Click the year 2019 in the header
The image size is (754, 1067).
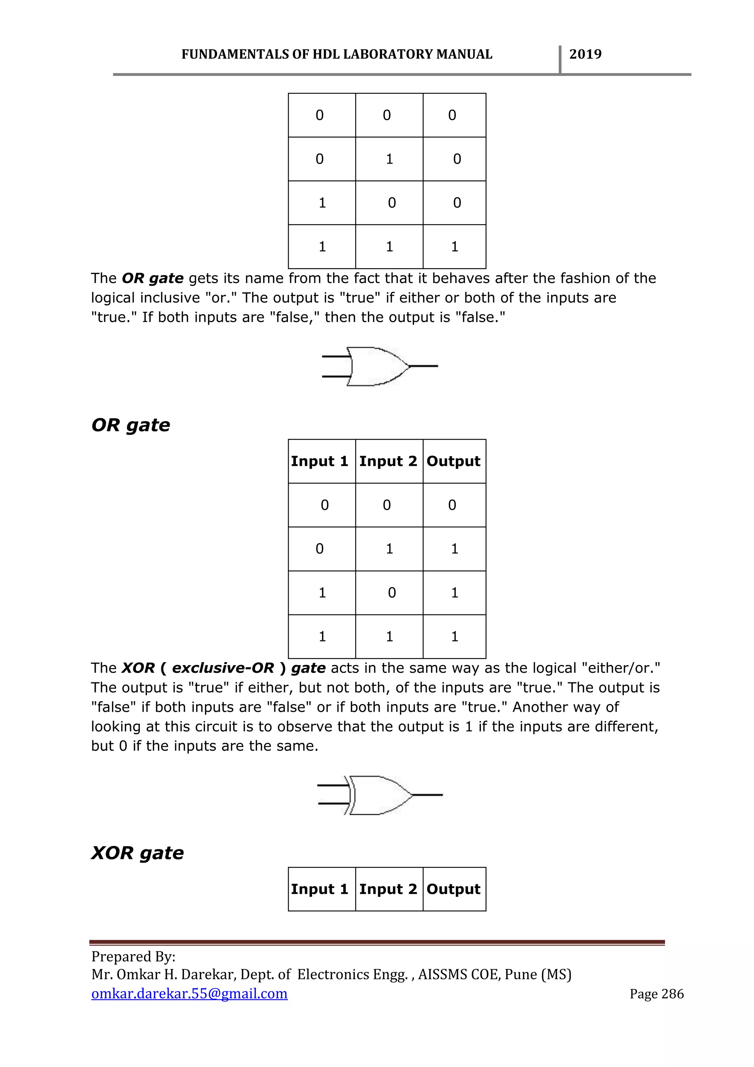point(585,55)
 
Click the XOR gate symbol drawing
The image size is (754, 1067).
point(380,795)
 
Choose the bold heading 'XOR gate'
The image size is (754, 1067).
point(137,853)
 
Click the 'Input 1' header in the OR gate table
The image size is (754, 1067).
point(320,461)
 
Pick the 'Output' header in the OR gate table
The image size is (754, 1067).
point(454,461)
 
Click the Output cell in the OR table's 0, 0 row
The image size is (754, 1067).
point(452,505)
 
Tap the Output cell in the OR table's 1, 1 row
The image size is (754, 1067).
point(455,637)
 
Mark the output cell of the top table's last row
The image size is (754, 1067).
point(455,247)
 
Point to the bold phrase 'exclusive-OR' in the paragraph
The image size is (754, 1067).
point(223,668)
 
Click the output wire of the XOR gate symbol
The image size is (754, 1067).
point(427,795)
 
